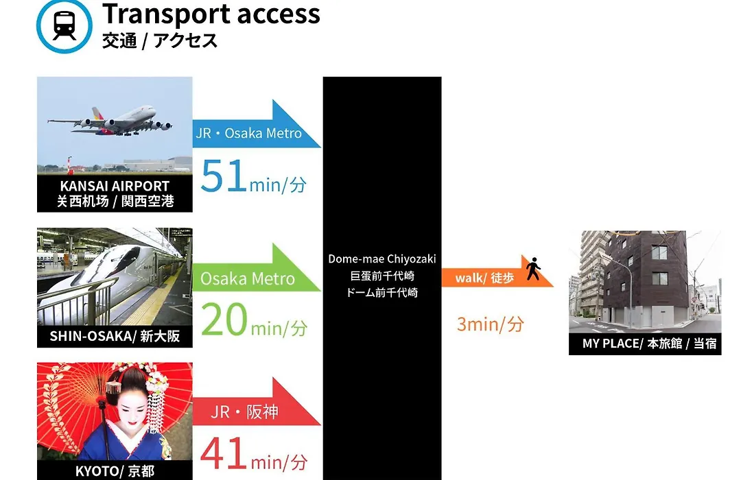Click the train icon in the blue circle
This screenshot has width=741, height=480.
point(64,25)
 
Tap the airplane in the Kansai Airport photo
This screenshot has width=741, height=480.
point(110,120)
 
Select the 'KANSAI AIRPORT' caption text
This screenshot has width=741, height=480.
point(115,186)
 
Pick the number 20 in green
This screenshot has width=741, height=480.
point(224,319)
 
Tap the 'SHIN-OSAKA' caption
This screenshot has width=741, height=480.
point(93,336)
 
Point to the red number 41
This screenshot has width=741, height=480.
point(224,453)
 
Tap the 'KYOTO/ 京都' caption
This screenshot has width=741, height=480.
point(115,471)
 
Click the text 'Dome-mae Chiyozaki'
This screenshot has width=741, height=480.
point(382,259)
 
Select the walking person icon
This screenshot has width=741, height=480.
point(534,268)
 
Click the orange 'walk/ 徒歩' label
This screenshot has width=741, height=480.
point(484,278)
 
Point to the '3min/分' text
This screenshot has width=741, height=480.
point(490,324)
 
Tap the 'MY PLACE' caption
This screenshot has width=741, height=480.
point(611,344)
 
